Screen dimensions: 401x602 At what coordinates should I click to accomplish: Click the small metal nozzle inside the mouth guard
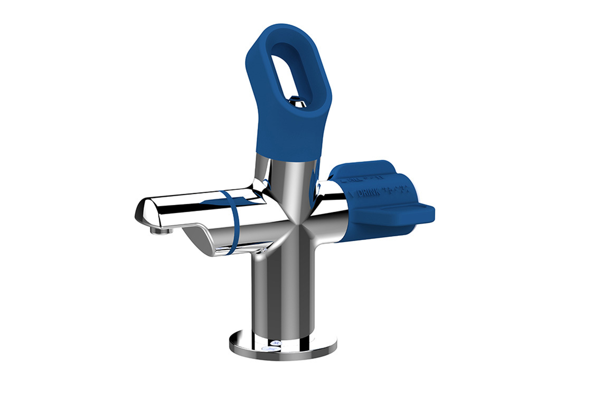297,101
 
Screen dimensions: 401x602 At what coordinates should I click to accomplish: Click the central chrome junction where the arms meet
296,222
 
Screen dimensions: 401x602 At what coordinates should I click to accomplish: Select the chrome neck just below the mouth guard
288,166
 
